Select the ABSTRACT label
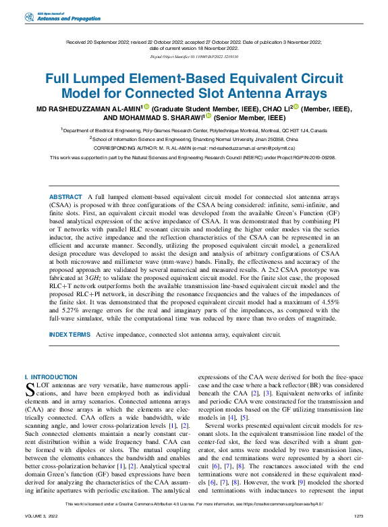click(x=66, y=196)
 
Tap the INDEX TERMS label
click(x=70, y=334)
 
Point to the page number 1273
click(x=357, y=516)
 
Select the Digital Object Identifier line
click(x=194, y=58)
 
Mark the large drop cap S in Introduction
click(x=30, y=389)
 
